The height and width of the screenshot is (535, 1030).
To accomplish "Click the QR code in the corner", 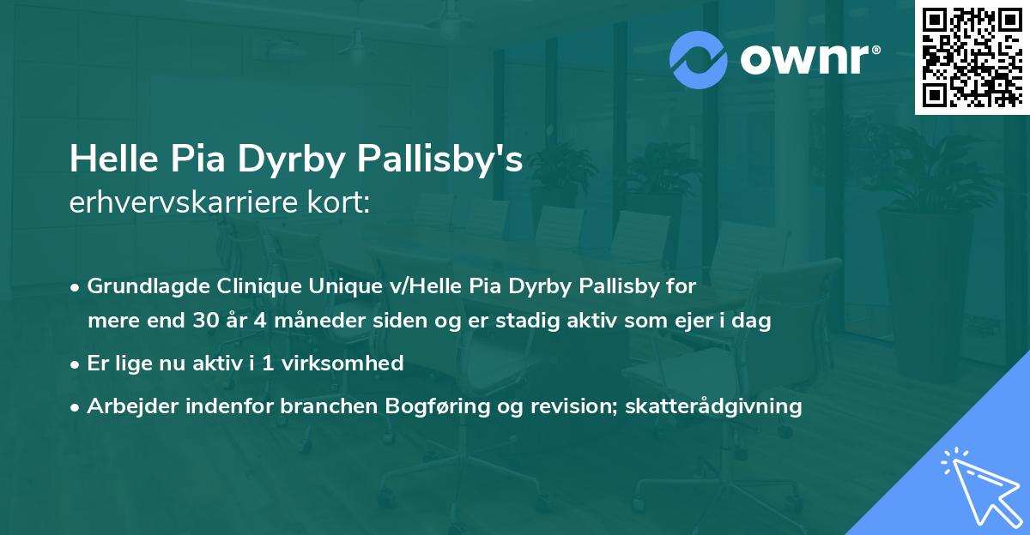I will click(972, 57).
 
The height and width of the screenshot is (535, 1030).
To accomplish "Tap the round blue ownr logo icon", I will click(699, 60).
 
